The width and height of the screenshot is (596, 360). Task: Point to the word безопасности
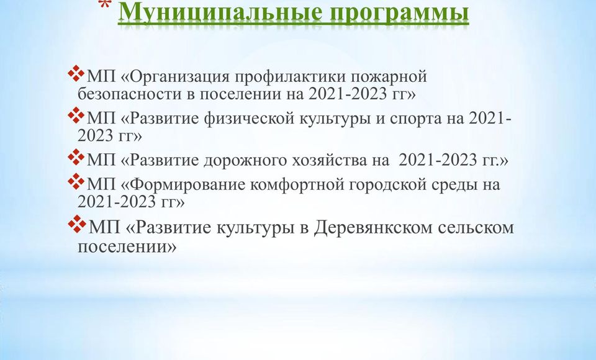click(129, 94)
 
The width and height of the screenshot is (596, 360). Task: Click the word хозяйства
click(329, 160)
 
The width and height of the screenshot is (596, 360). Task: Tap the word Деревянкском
click(373, 228)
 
